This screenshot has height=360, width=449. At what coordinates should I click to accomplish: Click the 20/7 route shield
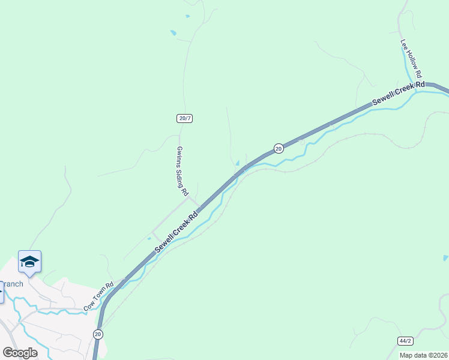click(x=185, y=118)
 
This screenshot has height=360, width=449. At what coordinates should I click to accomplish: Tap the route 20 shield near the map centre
click(x=279, y=148)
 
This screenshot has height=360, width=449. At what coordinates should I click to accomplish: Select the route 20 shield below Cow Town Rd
click(x=98, y=334)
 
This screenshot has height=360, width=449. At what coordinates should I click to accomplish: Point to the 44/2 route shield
click(x=405, y=341)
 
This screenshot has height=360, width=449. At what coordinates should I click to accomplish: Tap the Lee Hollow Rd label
click(x=413, y=61)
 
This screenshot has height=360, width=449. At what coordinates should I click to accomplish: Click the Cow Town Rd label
click(x=99, y=296)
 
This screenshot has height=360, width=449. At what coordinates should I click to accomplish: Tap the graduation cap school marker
click(x=29, y=262)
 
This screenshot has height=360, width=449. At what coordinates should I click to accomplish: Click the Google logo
click(x=20, y=353)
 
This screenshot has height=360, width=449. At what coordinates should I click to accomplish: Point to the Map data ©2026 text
click(x=424, y=355)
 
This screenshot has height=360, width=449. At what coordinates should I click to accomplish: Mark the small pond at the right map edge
click(x=445, y=258)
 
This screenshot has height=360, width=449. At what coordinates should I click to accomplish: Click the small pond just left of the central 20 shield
click(x=238, y=163)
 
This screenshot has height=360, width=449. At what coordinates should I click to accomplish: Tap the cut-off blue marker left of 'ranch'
click(x=1, y=293)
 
